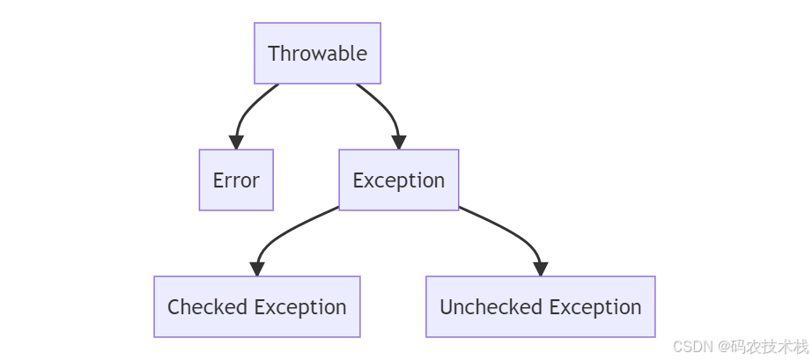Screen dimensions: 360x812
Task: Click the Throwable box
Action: pyautogui.click(x=317, y=54)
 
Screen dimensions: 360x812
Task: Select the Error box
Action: pyautogui.click(x=236, y=180)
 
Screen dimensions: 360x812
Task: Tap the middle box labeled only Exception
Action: pyautogui.click(x=398, y=180)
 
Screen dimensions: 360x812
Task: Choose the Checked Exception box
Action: pyautogui.click(x=256, y=307)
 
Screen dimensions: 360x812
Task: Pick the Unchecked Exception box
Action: pyautogui.click(x=540, y=307)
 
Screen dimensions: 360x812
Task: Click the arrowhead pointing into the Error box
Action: pyautogui.click(x=236, y=142)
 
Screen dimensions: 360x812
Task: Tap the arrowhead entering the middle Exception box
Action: pyautogui.click(x=398, y=142)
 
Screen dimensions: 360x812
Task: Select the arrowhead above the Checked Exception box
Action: pyautogui.click(x=256, y=268)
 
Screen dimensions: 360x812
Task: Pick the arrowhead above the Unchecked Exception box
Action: pyautogui.click(x=540, y=268)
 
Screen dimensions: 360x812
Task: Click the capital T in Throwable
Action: pyautogui.click(x=273, y=54)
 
